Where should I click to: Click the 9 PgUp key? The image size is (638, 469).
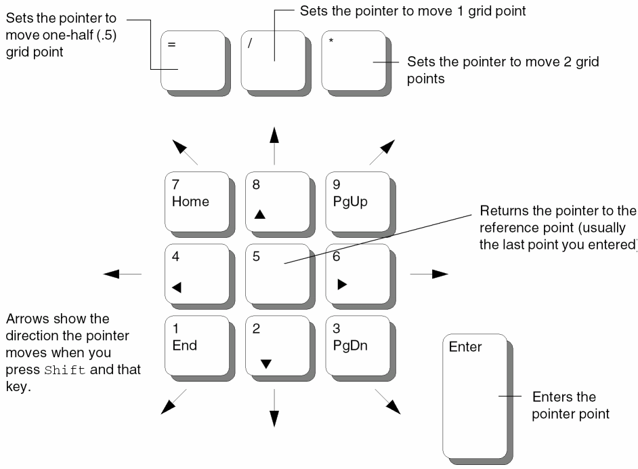click(x=356, y=201)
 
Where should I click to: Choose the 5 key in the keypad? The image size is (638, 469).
click(x=275, y=272)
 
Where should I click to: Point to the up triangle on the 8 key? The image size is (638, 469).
click(x=260, y=214)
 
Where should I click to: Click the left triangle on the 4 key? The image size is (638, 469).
click(x=177, y=287)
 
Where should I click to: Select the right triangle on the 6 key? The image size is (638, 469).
click(x=342, y=284)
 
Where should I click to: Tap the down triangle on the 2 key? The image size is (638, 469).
click(x=265, y=364)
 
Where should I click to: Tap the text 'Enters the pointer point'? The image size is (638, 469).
click(x=570, y=405)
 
